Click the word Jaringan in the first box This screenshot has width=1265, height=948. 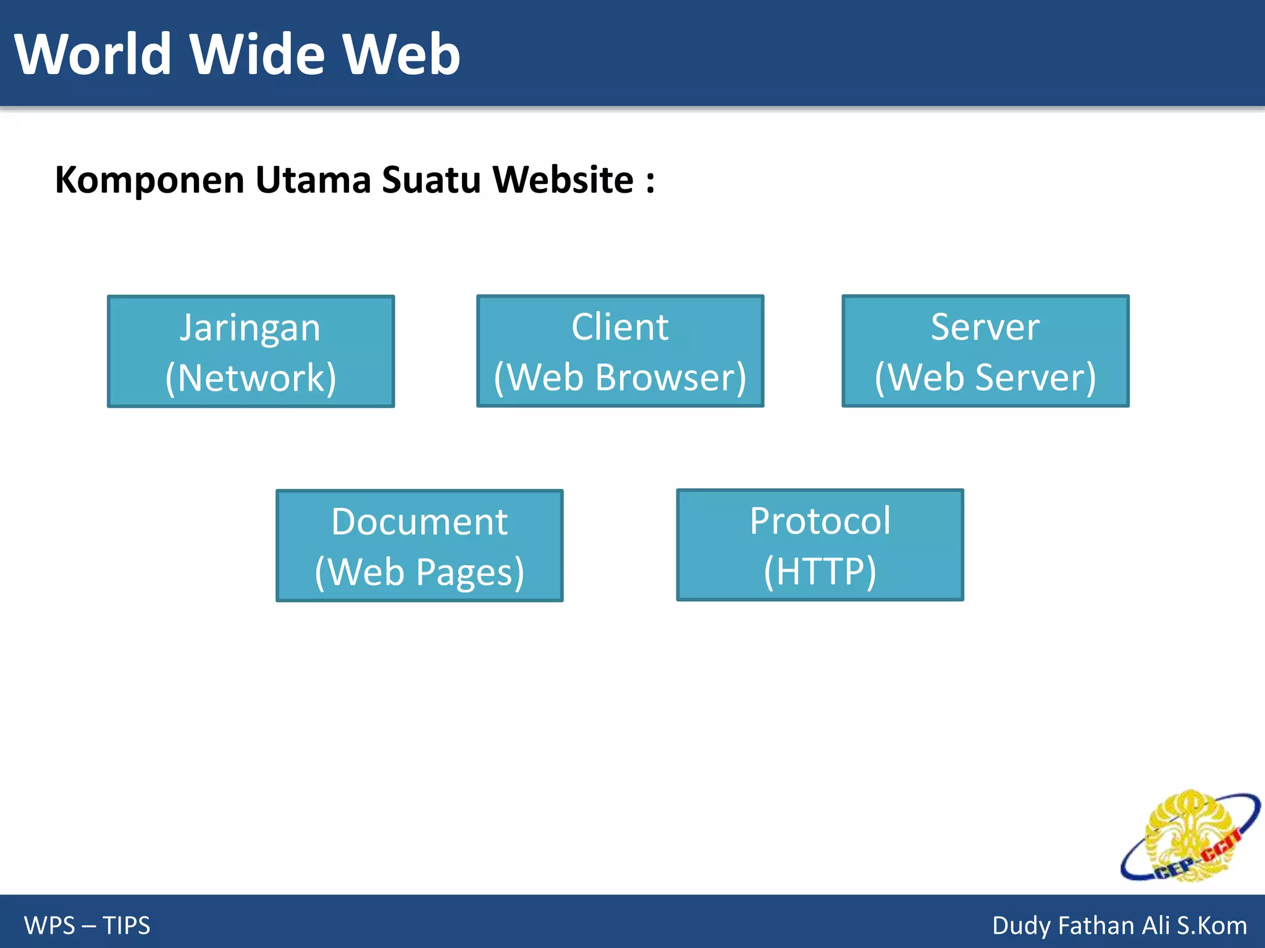click(250, 328)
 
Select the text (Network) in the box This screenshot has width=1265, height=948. click(251, 378)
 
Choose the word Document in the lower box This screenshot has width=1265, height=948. click(419, 522)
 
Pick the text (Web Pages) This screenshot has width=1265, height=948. click(419, 572)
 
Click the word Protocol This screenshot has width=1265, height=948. click(820, 521)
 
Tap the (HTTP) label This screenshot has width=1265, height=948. click(820, 571)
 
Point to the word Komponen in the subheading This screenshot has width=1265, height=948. click(149, 181)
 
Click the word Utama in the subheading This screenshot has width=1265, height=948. click(313, 180)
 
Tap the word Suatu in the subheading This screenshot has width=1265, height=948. click(431, 180)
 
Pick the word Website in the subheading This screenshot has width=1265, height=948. click(563, 180)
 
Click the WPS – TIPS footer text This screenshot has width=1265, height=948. click(87, 925)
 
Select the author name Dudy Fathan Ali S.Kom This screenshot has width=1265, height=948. click(1119, 925)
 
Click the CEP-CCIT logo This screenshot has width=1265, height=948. click(1190, 837)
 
